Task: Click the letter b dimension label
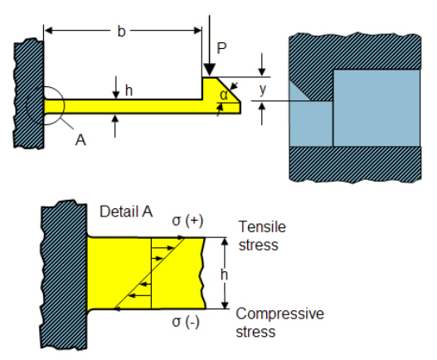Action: tap(121, 32)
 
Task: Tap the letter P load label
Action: tap(221, 48)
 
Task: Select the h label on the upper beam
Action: tap(129, 90)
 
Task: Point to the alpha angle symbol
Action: tap(224, 95)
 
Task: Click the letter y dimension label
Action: tap(263, 90)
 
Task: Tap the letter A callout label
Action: tap(80, 139)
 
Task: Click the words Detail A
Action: tap(126, 212)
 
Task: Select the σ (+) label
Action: tap(187, 221)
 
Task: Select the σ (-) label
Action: tap(186, 322)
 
